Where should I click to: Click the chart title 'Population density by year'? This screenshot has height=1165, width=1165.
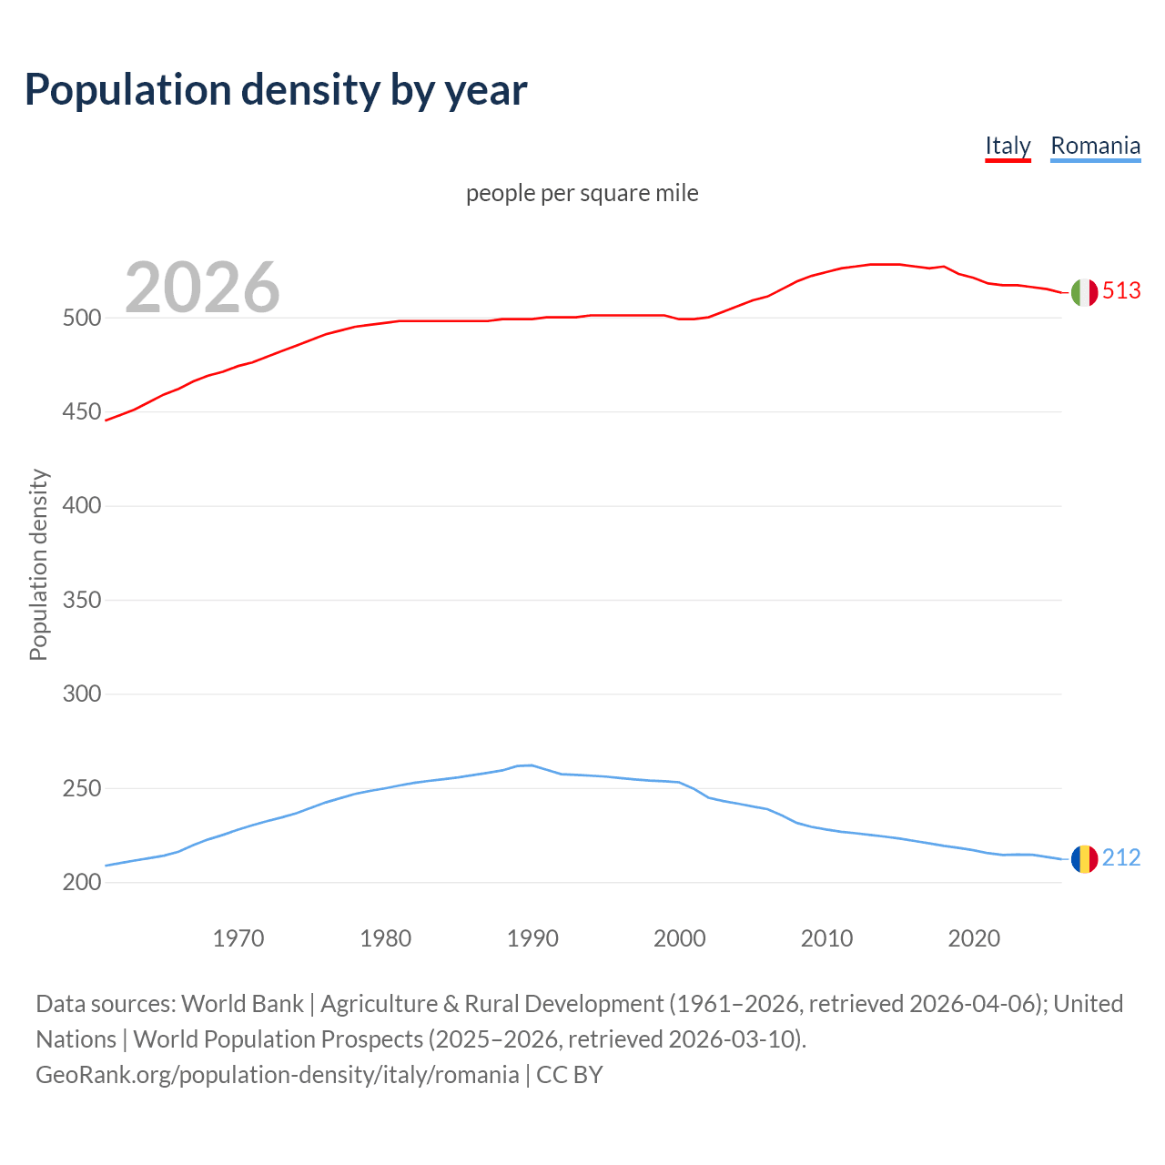coord(276,89)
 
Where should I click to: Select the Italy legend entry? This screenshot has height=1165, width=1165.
coord(1008,146)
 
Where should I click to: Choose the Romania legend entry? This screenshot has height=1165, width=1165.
coord(1095,146)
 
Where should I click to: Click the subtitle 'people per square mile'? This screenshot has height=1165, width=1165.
coord(582,193)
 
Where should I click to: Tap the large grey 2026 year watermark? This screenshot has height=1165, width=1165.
coord(202,287)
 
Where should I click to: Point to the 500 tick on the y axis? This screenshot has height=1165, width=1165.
coord(81,319)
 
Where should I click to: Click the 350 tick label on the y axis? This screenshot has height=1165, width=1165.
coord(81,600)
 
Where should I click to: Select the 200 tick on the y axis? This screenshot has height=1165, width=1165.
coord(81,882)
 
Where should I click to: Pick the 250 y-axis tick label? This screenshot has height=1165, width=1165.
coord(81,788)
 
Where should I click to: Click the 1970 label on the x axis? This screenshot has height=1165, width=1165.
coord(238,937)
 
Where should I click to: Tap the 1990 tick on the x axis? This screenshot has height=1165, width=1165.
coord(532,937)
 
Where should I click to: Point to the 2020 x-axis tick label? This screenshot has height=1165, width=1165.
coord(974,937)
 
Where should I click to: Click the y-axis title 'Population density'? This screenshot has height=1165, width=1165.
coord(38,564)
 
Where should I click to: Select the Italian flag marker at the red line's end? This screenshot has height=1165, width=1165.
coord(1084,292)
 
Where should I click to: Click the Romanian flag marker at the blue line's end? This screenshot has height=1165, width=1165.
coord(1084,858)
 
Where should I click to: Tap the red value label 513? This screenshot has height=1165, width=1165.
coord(1121,290)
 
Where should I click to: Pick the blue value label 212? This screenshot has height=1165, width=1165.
coord(1121,857)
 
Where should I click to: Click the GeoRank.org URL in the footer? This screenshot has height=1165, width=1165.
coord(277,1074)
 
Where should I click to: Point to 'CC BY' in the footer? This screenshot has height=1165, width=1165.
coord(570,1074)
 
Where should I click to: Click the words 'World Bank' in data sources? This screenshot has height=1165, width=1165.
coord(242,1003)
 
